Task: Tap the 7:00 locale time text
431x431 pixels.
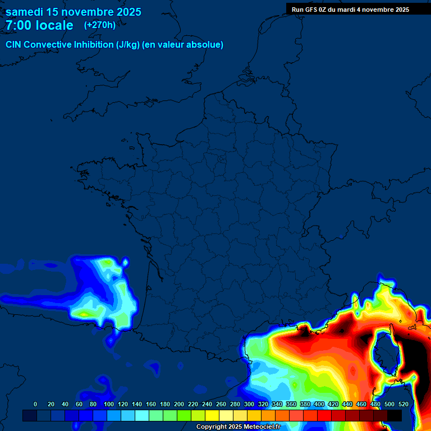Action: [39, 25]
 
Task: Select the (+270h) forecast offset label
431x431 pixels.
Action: [100, 25]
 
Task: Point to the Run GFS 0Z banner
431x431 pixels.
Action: [350, 10]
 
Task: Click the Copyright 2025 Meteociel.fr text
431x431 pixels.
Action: [238, 427]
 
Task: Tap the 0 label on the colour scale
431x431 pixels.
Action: [35, 404]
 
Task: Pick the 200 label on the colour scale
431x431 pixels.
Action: [179, 404]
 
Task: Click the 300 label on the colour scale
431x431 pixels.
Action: [249, 404]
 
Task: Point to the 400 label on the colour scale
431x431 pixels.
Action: [319, 404]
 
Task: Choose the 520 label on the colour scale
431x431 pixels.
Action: [404, 404]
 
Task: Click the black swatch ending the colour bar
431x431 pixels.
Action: [395, 416]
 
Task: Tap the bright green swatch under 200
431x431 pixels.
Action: [184, 416]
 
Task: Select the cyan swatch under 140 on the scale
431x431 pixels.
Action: [142, 416]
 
